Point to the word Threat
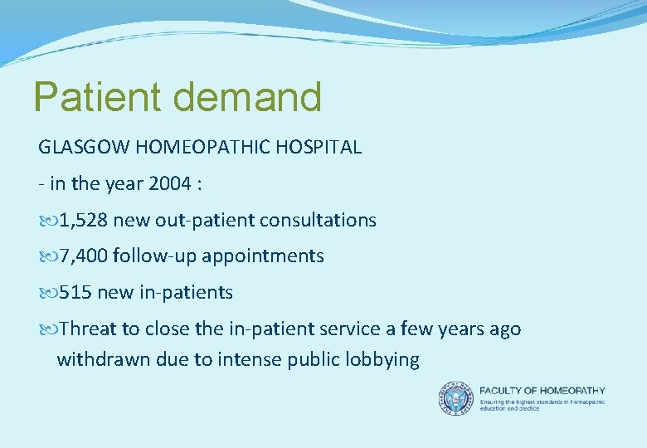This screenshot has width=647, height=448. click(89, 329)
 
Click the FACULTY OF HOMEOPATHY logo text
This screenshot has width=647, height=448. click(542, 390)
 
